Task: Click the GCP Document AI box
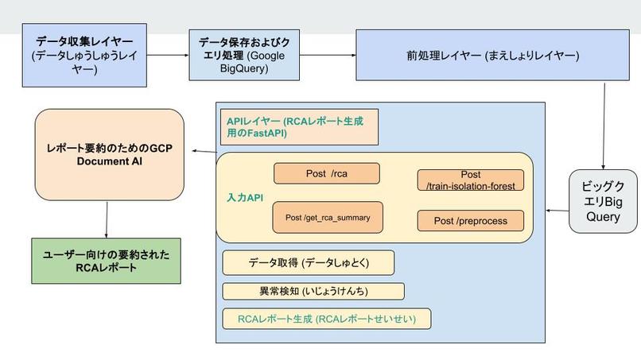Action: (x=109, y=154)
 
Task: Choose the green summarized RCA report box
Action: (x=107, y=261)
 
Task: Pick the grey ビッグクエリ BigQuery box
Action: (x=603, y=199)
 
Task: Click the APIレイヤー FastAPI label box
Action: (x=297, y=127)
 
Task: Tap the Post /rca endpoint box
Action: (x=327, y=173)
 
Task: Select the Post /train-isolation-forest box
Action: (x=470, y=180)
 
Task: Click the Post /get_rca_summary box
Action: (x=327, y=217)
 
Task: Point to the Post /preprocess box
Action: (x=470, y=220)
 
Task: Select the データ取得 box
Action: (x=308, y=262)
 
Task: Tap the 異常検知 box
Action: (x=313, y=291)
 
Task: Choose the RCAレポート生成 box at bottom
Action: (x=326, y=319)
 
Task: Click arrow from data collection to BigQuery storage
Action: (x=168, y=55)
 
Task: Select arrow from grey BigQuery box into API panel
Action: (x=557, y=210)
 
